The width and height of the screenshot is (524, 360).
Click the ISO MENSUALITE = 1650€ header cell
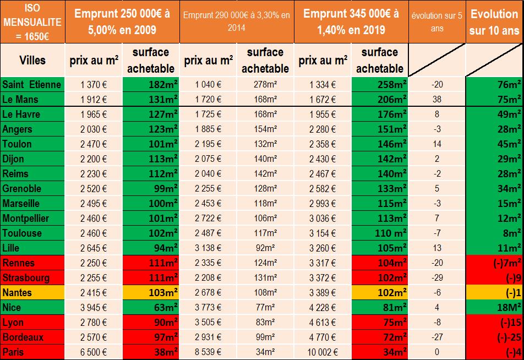pyautogui.click(x=32, y=21)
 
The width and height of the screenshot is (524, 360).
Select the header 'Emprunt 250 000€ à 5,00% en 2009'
pyautogui.click(x=122, y=21)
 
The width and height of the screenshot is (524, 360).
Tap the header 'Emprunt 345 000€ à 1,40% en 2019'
pyautogui.click(x=351, y=21)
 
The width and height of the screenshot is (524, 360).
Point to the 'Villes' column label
pyautogui.click(x=32, y=60)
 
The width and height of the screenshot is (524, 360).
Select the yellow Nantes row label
pyautogui.click(x=17, y=292)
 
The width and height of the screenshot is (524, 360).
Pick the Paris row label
pyautogui.click(x=14, y=352)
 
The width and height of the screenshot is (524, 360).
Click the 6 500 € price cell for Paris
pyautogui.click(x=94, y=352)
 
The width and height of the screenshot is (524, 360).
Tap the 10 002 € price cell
pyautogui.click(x=322, y=352)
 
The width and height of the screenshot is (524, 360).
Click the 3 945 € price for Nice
pyautogui.click(x=94, y=307)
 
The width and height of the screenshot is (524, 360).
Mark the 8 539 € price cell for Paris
pyautogui.click(x=208, y=352)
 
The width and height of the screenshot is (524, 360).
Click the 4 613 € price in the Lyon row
pyautogui.click(x=323, y=322)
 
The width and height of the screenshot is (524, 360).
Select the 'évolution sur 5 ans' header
pyautogui.click(x=437, y=21)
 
